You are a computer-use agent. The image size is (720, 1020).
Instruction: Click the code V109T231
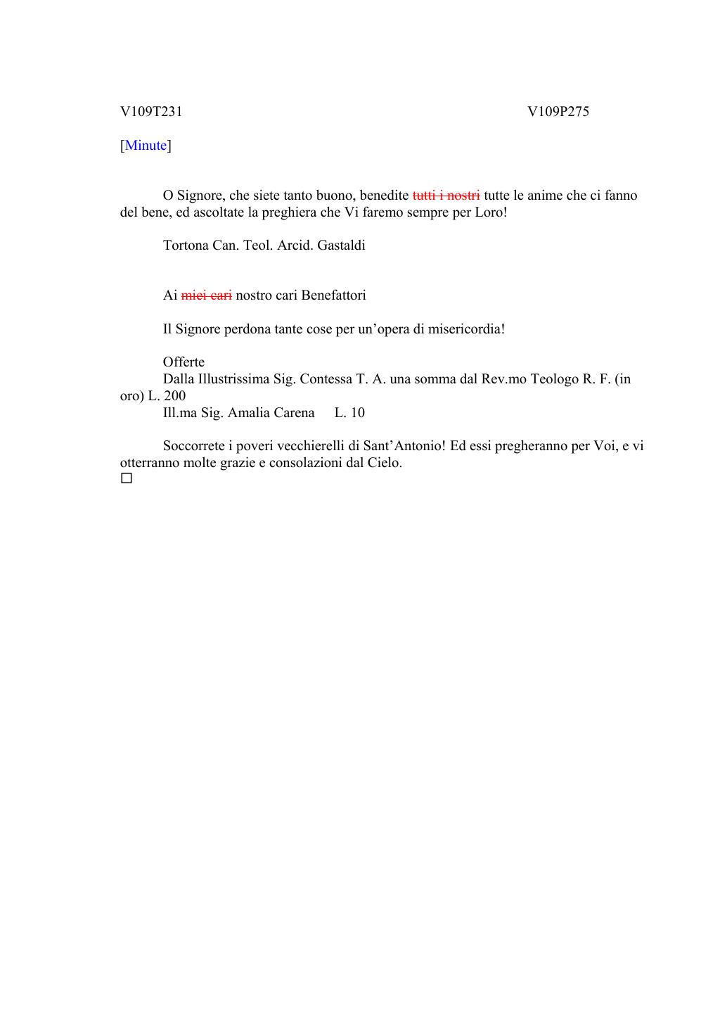pos(151,111)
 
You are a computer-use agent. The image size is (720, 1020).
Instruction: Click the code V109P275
pos(558,111)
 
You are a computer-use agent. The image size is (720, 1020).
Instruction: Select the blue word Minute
pos(146,146)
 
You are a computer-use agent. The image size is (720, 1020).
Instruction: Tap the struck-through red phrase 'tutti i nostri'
pos(446,196)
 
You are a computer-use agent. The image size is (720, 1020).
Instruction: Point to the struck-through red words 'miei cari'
pos(207,295)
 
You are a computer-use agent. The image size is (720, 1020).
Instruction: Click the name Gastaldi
pos(341,246)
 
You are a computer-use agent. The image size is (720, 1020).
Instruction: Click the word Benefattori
pos(333,295)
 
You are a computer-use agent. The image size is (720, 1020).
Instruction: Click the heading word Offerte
pos(184,362)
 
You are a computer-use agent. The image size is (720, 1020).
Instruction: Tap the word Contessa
pos(326,379)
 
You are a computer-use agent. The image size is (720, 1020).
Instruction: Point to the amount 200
pos(174,396)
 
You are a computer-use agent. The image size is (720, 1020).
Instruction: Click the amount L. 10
pos(349,413)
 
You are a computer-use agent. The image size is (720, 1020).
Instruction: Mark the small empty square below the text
pos(127,478)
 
